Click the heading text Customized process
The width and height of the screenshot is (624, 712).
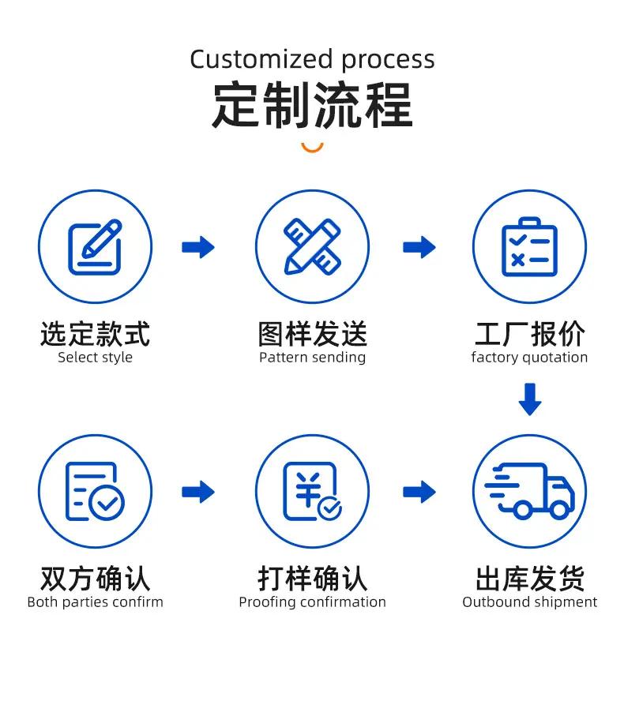tap(312, 60)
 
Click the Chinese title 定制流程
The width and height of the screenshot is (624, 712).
tap(312, 105)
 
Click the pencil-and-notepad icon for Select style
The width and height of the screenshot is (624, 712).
tap(95, 247)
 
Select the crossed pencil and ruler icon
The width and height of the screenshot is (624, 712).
tap(312, 247)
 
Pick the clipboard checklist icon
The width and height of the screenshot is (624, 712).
tap(529, 246)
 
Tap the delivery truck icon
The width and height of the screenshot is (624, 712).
tap(529, 491)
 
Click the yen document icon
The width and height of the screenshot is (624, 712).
tap(312, 491)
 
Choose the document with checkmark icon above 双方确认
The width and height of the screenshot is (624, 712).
tap(95, 491)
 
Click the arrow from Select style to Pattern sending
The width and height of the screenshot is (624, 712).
tap(198, 247)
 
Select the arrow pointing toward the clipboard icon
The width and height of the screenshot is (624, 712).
tap(419, 247)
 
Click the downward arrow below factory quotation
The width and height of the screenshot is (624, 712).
tap(530, 399)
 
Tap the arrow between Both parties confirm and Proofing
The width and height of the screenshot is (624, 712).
tap(198, 492)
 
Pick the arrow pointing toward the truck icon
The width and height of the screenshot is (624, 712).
tap(419, 492)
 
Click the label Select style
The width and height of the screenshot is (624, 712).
tap(95, 358)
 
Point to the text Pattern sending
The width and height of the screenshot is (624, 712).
tap(312, 358)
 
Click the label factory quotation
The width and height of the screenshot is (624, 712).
tap(529, 358)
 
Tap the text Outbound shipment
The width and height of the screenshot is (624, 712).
tap(529, 601)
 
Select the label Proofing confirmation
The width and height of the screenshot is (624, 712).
tap(312, 602)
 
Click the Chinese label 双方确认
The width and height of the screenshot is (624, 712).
tap(95, 579)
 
